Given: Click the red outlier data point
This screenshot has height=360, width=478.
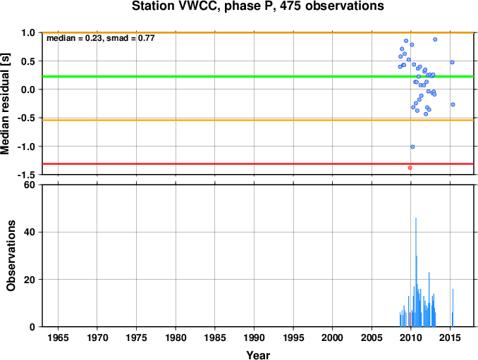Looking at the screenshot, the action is coord(410,168).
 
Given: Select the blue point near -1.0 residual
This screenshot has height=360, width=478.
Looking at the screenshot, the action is coord(412,147).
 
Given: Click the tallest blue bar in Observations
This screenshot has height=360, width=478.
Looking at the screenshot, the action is coord(416,272).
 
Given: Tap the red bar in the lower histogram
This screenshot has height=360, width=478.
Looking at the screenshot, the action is coord(410,320).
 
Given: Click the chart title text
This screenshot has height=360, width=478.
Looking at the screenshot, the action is coord(258,6).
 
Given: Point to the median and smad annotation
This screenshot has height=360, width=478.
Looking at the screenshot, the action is coord(101,38).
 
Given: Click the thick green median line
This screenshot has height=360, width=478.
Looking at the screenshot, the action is coord(258,77).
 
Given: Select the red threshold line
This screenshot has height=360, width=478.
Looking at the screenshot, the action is coord(258,164).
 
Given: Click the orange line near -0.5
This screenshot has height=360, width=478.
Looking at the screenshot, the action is coord(258,120).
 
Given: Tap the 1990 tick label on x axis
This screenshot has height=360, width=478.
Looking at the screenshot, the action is coord(254,337).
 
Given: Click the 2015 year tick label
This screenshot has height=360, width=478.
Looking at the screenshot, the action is coord(450,337).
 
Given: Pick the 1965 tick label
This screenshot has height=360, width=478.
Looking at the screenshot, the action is coord(58,337).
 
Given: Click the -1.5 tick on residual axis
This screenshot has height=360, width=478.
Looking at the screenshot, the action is coord(27,175).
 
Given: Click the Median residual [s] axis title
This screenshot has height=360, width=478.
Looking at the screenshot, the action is coord(5,104).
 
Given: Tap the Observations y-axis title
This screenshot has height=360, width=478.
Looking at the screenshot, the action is coord(11,256).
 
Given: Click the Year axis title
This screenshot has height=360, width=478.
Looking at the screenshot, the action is coord(258,355).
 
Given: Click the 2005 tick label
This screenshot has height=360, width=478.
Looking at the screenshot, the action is coord(372,337).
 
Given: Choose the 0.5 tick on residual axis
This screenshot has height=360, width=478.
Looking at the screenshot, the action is coord(28,61).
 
